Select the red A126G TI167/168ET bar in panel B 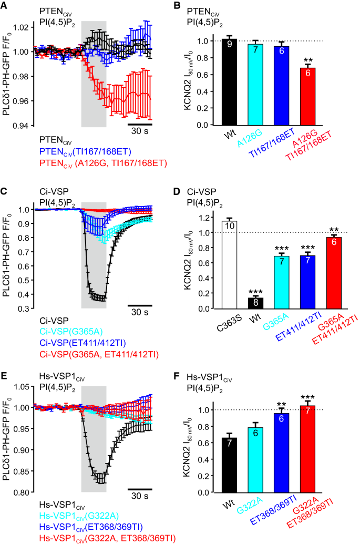click(x=307, y=97)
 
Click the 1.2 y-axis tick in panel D click(x=211, y=218)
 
